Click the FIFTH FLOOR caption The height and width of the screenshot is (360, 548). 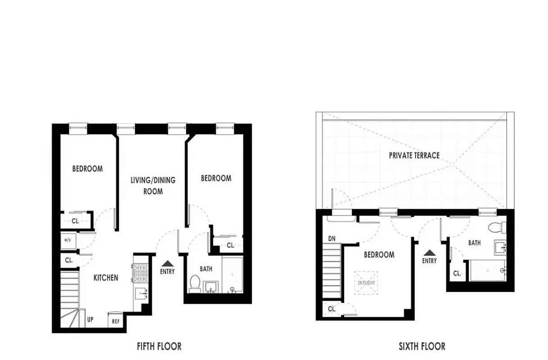159,346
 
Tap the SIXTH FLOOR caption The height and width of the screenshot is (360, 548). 422,346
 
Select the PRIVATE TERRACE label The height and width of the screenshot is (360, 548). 414,155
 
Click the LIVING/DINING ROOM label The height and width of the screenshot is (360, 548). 153,185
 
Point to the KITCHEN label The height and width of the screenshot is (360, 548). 106,278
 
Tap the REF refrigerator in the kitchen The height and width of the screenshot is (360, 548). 115,322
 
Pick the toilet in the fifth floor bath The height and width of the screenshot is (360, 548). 195,283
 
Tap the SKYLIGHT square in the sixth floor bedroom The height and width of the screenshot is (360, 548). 366,283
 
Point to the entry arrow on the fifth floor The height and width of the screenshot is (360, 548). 167,263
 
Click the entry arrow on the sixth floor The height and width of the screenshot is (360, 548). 429,253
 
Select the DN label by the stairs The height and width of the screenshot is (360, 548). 331,238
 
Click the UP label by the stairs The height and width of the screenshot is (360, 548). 91,320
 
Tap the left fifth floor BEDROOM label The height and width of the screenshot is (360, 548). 87,169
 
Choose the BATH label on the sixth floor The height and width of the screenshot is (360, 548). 474,243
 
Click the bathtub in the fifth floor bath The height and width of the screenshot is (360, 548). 232,274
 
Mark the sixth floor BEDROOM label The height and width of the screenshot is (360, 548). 379,255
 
